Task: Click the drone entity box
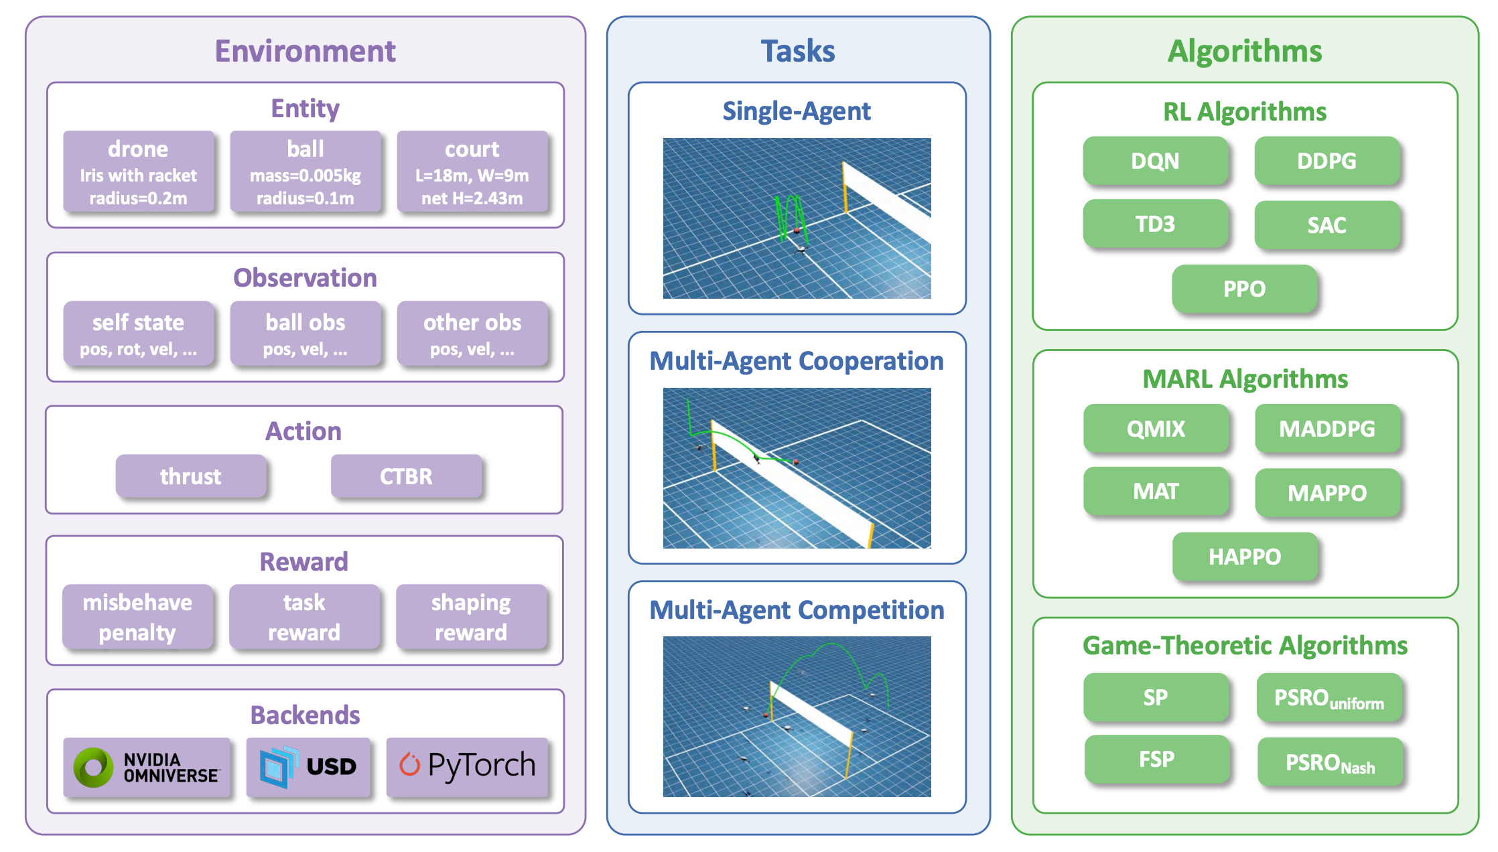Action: pyautogui.click(x=139, y=171)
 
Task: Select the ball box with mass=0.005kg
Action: pyautogui.click(x=305, y=171)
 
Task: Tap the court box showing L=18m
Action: pyautogui.click(x=472, y=171)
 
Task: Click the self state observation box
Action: pyautogui.click(x=139, y=333)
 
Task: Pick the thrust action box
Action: pyautogui.click(x=191, y=476)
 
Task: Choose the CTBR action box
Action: pyautogui.click(x=406, y=476)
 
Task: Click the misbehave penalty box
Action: pyautogui.click(x=137, y=617)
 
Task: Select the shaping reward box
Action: pyautogui.click(x=471, y=617)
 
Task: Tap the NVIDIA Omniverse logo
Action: pyautogui.click(x=147, y=767)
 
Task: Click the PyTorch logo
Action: pyautogui.click(x=468, y=766)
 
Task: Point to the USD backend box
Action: pyautogui.click(x=308, y=767)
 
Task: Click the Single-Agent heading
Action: pyautogui.click(x=797, y=111)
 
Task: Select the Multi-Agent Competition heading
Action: pyautogui.click(x=797, y=610)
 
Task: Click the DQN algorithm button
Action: pyautogui.click(x=1155, y=161)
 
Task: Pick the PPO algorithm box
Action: pyautogui.click(x=1244, y=289)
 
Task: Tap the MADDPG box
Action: pyautogui.click(x=1326, y=429)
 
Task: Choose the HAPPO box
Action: pyautogui.click(x=1245, y=557)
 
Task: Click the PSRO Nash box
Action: pyautogui.click(x=1330, y=762)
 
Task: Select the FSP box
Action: pyautogui.click(x=1156, y=760)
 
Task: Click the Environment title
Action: pyautogui.click(x=305, y=52)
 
